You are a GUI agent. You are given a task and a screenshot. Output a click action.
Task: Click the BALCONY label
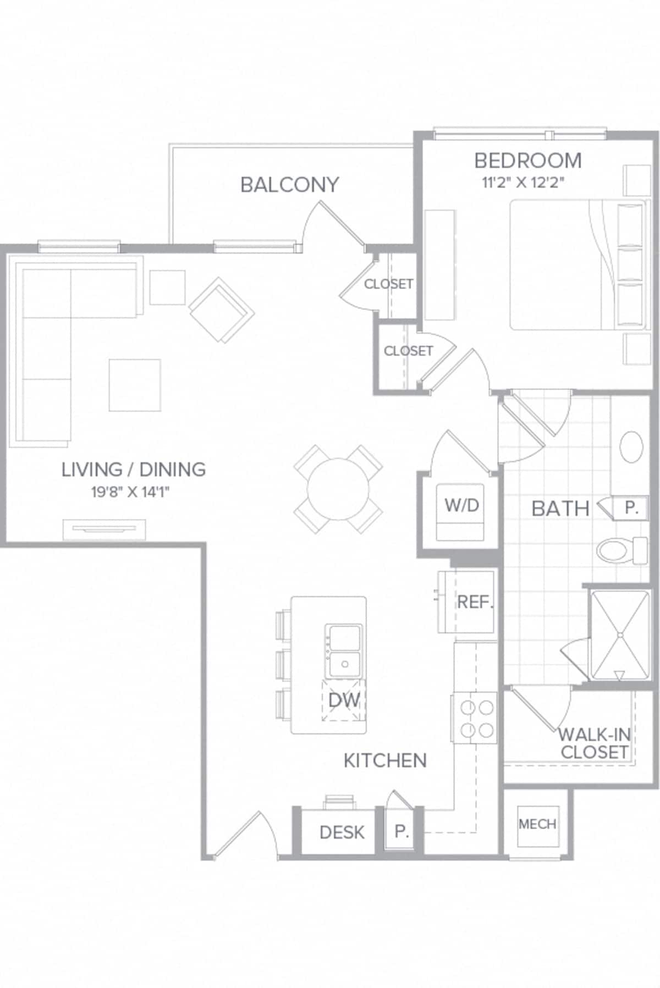tap(289, 185)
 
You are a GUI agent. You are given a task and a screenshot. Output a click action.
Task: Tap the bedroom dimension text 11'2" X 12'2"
tap(523, 183)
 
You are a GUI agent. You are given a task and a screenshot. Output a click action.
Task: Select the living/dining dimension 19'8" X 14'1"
tap(130, 492)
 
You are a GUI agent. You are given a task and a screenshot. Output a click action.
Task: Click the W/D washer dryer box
tap(461, 512)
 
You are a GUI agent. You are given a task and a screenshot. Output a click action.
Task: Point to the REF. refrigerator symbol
tap(473, 602)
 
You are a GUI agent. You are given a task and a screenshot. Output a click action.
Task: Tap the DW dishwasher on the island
tap(344, 700)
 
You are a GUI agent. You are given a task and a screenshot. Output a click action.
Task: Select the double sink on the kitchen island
tap(344, 652)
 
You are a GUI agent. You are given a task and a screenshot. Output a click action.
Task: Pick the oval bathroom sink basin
tap(631, 446)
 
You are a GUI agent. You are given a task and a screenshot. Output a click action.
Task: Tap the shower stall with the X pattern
tap(619, 635)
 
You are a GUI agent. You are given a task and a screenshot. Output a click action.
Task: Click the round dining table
tap(338, 489)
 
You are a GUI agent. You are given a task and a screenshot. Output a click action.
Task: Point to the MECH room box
tap(537, 824)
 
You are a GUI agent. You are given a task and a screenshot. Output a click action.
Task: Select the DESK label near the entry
tap(342, 832)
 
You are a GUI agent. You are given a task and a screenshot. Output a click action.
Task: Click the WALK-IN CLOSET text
tap(594, 743)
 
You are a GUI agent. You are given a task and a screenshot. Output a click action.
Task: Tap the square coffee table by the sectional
tap(135, 385)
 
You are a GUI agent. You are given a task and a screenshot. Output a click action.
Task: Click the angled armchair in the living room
tap(221, 310)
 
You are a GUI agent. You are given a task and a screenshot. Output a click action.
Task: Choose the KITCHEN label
tap(385, 761)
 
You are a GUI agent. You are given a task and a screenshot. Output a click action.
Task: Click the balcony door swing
tap(330, 225)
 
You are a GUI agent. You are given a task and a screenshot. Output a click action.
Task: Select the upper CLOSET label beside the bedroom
tap(388, 284)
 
